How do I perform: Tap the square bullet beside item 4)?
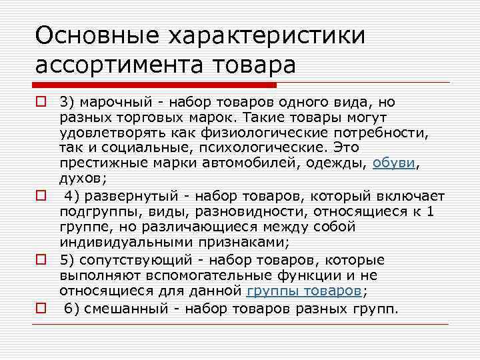[41, 197]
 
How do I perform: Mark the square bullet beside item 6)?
[41, 309]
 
